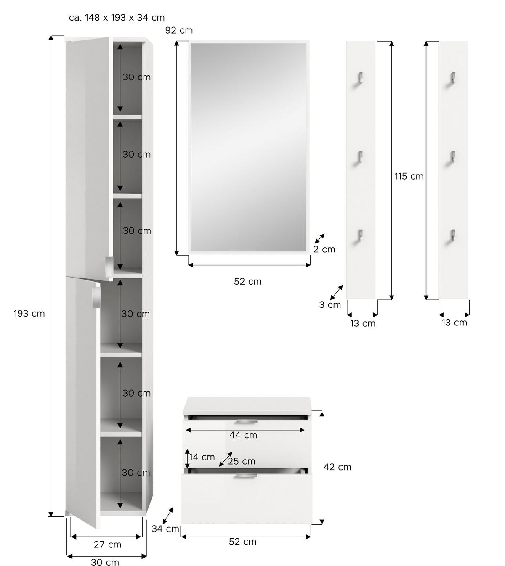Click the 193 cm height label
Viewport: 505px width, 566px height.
(29, 313)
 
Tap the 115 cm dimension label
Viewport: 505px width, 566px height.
(409, 176)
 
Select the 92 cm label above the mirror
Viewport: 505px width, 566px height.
(179, 30)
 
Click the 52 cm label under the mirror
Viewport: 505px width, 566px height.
(247, 281)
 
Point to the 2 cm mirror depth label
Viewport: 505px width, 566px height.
(324, 249)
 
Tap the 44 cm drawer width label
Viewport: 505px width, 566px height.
(243, 435)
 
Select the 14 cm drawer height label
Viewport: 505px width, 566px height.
(202, 457)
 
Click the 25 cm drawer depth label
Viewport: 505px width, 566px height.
(242, 461)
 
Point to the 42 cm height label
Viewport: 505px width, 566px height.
(337, 467)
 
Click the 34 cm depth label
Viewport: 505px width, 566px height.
(165, 529)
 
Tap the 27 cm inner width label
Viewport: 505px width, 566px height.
(107, 545)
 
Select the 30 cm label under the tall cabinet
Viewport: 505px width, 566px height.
(105, 562)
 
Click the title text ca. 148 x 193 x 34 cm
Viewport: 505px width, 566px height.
(117, 18)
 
